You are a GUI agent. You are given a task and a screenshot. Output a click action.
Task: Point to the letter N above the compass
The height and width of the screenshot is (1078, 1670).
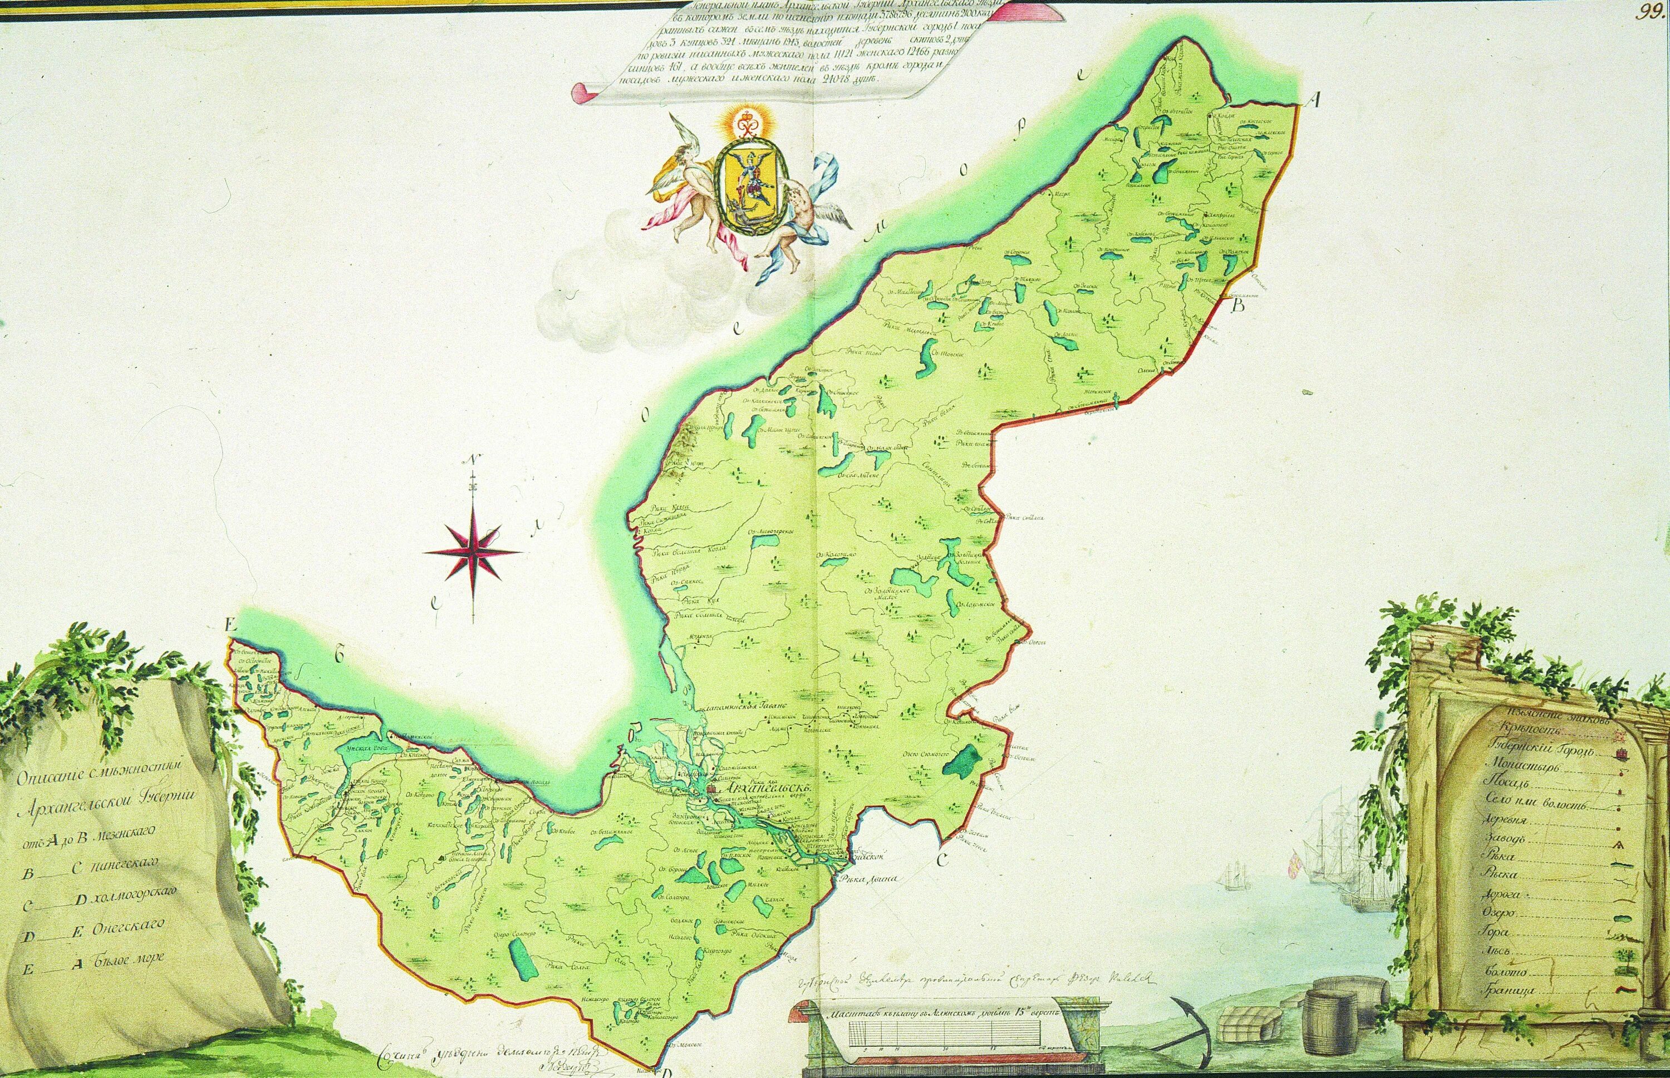coord(474,461)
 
